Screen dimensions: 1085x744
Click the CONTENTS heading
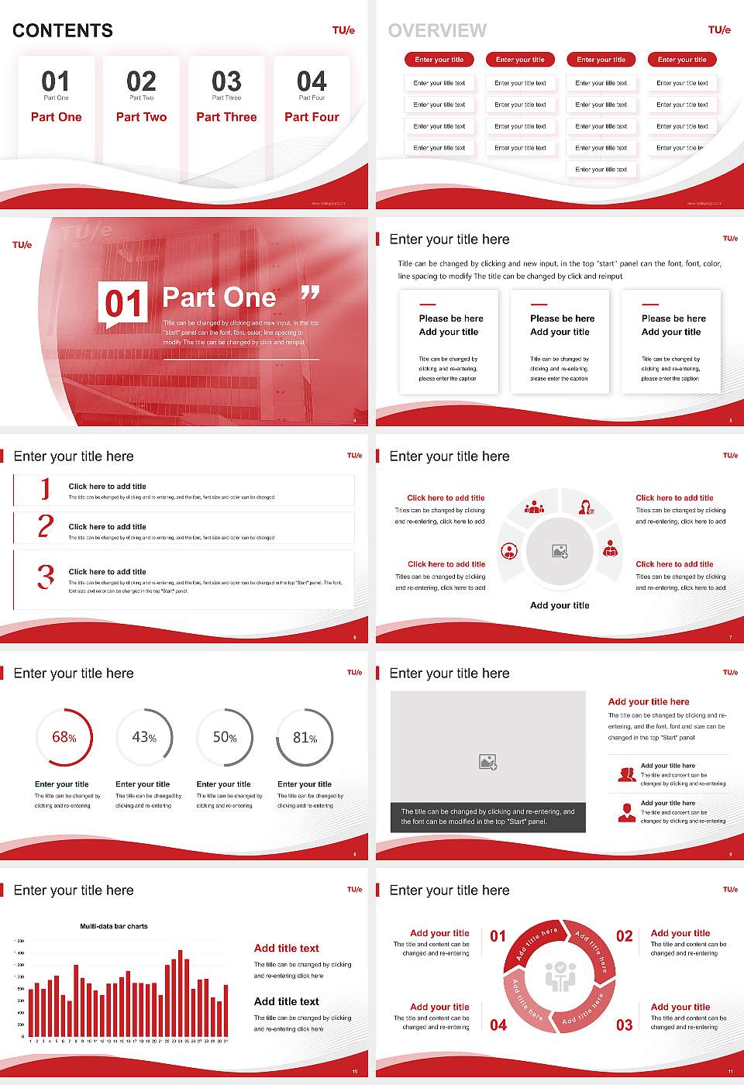coord(63,31)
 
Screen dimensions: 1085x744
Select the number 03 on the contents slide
coord(226,81)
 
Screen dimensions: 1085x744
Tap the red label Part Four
coord(312,117)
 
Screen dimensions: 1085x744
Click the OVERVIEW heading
coord(437,31)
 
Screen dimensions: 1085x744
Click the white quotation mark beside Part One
coord(310,293)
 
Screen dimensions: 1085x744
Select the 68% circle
coord(64,737)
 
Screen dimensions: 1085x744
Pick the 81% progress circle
coord(305,738)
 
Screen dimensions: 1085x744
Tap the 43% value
coord(144,737)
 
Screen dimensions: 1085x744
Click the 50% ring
coord(225,737)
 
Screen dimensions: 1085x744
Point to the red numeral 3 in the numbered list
coord(46,577)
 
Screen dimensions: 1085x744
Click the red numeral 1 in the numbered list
coord(46,489)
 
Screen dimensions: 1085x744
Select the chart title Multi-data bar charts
coord(114,926)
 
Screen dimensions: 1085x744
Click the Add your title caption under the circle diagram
coord(560,605)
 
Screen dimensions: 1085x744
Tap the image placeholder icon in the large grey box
coord(487,762)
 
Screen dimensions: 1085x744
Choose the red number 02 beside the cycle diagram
coord(624,936)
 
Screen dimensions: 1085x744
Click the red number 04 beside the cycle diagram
coord(498,1025)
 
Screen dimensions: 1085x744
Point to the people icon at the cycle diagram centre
coord(560,976)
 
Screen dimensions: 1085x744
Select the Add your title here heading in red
coord(649,701)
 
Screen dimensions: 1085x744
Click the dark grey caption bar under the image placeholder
coord(488,817)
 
